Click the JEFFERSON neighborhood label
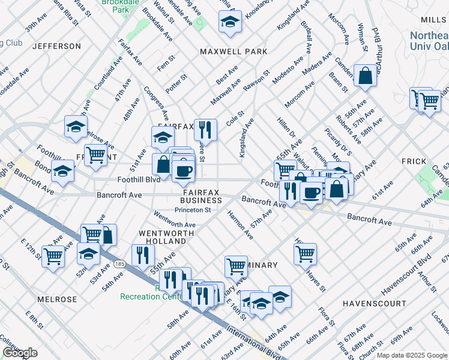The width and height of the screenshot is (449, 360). point(56,46)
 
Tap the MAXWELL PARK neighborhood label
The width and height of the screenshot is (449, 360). point(234,52)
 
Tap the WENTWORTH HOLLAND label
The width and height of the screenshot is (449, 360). point(166,236)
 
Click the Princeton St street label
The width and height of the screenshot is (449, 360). point(193,210)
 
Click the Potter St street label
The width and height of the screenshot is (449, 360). point(176,83)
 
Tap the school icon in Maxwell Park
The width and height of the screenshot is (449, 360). point(230,22)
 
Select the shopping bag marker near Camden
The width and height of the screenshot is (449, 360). point(365,76)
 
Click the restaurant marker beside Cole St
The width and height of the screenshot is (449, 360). point(205,129)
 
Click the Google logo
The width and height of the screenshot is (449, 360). point(20,353)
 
